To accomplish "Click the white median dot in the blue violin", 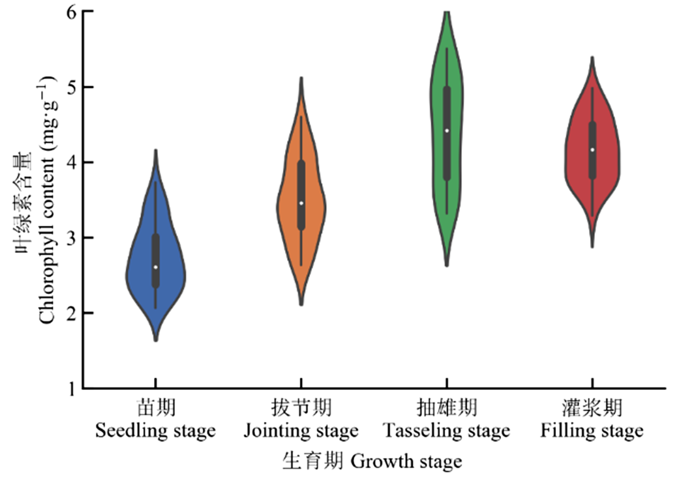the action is (x=156, y=267).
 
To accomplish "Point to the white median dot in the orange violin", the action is (x=301, y=203).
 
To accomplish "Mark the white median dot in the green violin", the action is (x=447, y=131).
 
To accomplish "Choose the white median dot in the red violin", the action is (x=592, y=150).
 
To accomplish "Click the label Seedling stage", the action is (x=156, y=431).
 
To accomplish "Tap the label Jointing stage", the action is (x=301, y=431).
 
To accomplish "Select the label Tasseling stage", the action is (x=446, y=431).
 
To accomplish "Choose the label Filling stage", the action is (x=592, y=431).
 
